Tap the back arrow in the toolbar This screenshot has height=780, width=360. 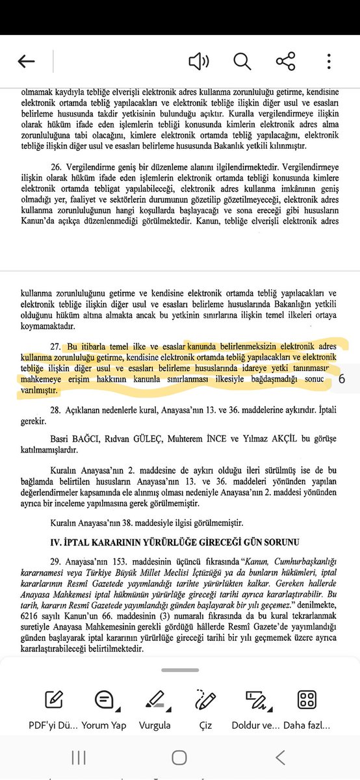(x=26, y=62)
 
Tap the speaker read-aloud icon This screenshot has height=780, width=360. (x=198, y=62)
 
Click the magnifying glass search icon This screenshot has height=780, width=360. (x=242, y=62)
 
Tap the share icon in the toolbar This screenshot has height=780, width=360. (x=285, y=62)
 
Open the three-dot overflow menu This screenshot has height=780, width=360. (x=329, y=62)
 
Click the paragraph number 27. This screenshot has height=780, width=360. (x=55, y=345)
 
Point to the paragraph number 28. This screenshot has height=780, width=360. (x=55, y=410)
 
